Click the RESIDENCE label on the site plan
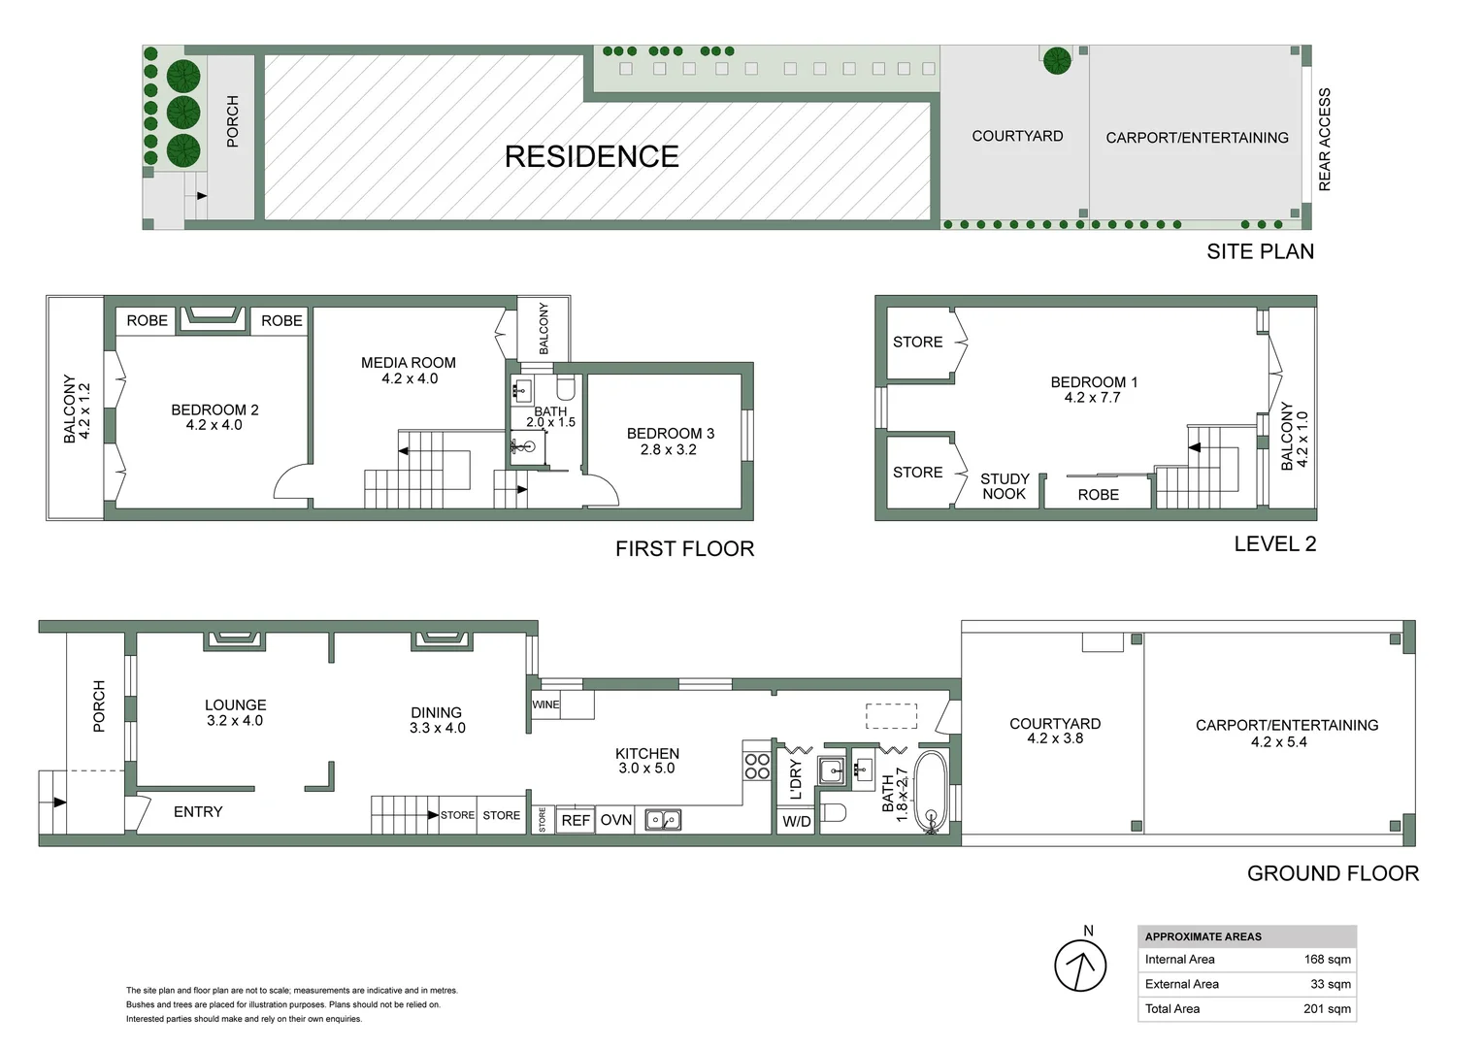tap(591, 156)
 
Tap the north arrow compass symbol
tap(1080, 966)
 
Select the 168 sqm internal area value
tap(1327, 960)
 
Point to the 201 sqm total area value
tap(1327, 1009)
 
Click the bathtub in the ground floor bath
tap(931, 792)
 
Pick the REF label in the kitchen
tap(576, 820)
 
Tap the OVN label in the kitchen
tap(616, 820)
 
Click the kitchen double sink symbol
tap(664, 821)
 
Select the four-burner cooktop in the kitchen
tap(757, 767)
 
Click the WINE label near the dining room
tap(545, 704)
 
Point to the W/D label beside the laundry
tap(797, 822)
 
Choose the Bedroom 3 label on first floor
tap(670, 434)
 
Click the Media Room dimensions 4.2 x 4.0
tap(410, 378)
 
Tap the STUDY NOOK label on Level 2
tap(1005, 486)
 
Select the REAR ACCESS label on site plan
tap(1325, 140)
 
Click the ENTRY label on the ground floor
tap(198, 812)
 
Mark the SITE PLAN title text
tap(1260, 251)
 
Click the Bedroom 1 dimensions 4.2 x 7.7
tap(1092, 397)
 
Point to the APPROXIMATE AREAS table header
tap(1203, 936)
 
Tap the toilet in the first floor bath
tap(566, 390)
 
